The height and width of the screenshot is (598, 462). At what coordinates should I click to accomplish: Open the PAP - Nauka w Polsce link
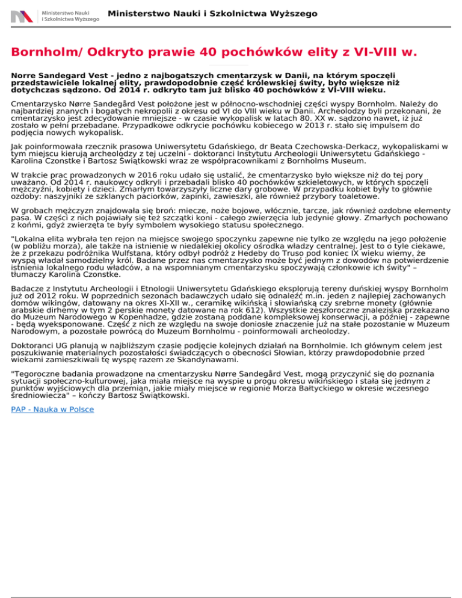(x=52, y=409)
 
